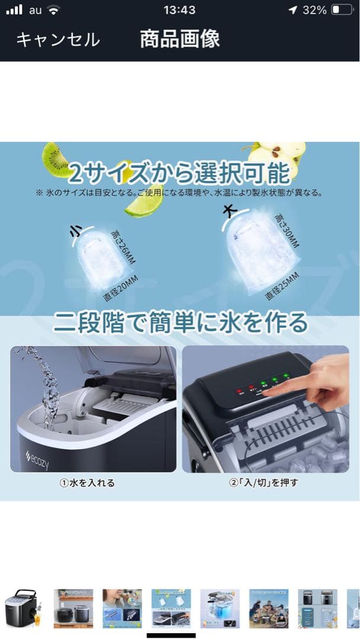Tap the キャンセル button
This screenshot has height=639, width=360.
tap(57, 40)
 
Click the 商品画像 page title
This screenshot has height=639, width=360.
tap(179, 39)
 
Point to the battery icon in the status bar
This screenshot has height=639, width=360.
tap(342, 10)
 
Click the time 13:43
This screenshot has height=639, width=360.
tap(180, 10)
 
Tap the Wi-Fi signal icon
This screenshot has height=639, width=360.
tap(54, 10)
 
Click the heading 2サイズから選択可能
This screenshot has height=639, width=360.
tap(179, 173)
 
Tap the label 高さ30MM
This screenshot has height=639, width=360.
tap(287, 231)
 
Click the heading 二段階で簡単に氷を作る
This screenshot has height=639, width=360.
tap(180, 323)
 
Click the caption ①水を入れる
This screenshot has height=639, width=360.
tap(87, 483)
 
